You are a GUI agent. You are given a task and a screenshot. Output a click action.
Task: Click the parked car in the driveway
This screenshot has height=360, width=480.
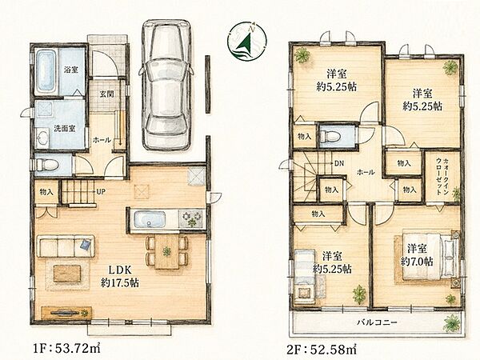point(166,85)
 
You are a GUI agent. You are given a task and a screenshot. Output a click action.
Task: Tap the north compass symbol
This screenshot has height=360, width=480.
point(247,41)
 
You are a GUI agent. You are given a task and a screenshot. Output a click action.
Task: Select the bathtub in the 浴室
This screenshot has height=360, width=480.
point(46,72)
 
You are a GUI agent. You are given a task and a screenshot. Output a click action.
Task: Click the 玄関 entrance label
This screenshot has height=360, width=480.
point(106,94)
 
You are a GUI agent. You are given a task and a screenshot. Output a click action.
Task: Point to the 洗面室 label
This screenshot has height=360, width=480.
point(65,129)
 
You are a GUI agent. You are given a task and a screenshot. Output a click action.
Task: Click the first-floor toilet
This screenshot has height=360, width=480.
point(47,165)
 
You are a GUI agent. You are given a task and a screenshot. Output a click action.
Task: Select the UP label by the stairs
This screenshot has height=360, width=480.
point(101,192)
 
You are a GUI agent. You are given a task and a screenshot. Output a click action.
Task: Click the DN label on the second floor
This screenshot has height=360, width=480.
point(339,163)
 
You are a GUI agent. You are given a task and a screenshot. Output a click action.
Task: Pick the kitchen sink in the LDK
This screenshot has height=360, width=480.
point(150,219)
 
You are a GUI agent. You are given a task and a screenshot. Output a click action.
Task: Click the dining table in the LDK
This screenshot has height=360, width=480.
point(167,252)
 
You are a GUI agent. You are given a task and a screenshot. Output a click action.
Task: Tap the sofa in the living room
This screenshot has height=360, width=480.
point(66,246)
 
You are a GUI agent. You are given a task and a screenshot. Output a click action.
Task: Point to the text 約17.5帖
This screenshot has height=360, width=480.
point(120,282)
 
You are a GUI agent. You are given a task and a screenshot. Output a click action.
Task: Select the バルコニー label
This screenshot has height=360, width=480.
point(377,322)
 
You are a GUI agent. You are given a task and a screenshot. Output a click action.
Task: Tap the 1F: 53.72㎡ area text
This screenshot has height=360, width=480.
point(66,348)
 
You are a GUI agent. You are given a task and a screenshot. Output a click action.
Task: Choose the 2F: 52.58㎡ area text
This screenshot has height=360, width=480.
point(322,348)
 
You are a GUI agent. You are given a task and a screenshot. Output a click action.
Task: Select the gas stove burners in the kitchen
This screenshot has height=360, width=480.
point(190,219)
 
